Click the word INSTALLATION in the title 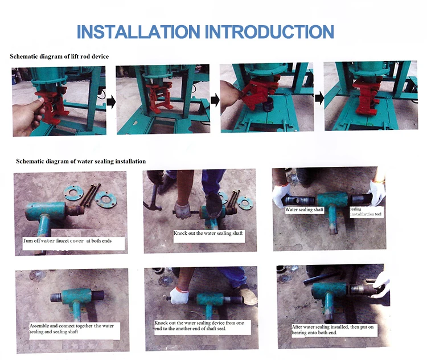click(139, 31)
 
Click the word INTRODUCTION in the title click(269, 31)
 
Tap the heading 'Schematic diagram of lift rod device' click(59, 56)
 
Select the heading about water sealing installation click(81, 161)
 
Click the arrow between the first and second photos click(111, 103)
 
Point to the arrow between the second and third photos click(215, 100)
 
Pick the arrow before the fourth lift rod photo click(319, 98)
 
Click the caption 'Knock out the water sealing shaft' click(208, 234)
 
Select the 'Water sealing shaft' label click(305, 210)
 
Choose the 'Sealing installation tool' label click(366, 212)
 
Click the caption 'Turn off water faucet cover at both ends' click(67, 240)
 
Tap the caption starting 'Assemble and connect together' click(71, 329)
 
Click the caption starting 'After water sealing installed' click(332, 330)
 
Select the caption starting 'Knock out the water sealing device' click(199, 326)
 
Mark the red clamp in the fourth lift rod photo click(365, 97)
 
